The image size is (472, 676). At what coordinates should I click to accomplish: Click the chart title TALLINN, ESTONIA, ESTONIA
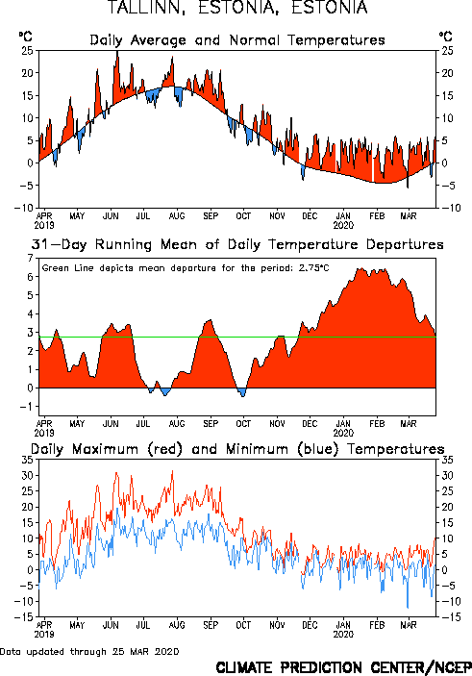click(x=237, y=8)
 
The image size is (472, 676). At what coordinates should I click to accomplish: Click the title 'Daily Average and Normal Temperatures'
click(x=237, y=40)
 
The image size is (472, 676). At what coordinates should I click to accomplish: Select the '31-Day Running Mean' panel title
click(x=237, y=244)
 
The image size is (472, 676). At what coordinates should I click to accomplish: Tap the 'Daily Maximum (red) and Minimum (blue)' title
click(x=237, y=449)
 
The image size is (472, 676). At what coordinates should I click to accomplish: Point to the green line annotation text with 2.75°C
click(x=186, y=267)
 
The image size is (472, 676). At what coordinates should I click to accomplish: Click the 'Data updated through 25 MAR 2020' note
click(x=89, y=651)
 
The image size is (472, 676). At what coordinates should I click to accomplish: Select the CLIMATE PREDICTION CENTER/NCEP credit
click(x=343, y=667)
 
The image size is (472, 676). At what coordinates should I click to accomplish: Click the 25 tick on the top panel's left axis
click(x=27, y=50)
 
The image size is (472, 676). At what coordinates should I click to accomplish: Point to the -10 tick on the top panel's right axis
click(x=451, y=208)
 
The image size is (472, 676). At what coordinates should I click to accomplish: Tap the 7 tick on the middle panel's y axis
click(x=30, y=258)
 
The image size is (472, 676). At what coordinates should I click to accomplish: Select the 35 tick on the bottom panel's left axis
click(x=27, y=460)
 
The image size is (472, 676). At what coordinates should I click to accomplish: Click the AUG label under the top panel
click(x=177, y=215)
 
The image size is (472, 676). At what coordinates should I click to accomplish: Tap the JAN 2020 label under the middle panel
click(x=343, y=428)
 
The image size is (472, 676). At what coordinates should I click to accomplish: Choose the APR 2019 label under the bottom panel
click(x=44, y=630)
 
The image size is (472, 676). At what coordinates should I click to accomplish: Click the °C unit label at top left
click(x=25, y=36)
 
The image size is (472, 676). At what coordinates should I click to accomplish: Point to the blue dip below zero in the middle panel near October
click(x=242, y=392)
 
